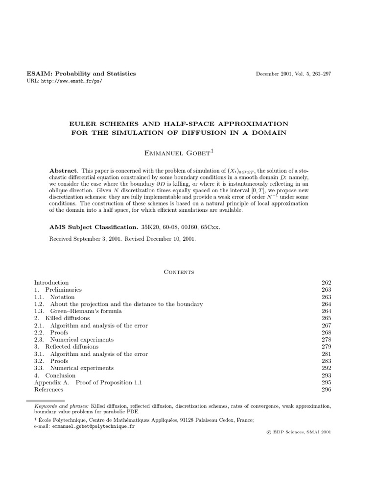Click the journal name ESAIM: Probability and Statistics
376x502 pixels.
point(81,74)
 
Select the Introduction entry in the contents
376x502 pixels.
point(51,283)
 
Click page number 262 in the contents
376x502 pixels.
point(327,283)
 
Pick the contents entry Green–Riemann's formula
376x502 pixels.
point(78,311)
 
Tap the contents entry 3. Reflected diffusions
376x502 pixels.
point(66,347)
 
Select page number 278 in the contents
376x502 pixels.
point(327,340)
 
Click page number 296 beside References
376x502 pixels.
point(327,389)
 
